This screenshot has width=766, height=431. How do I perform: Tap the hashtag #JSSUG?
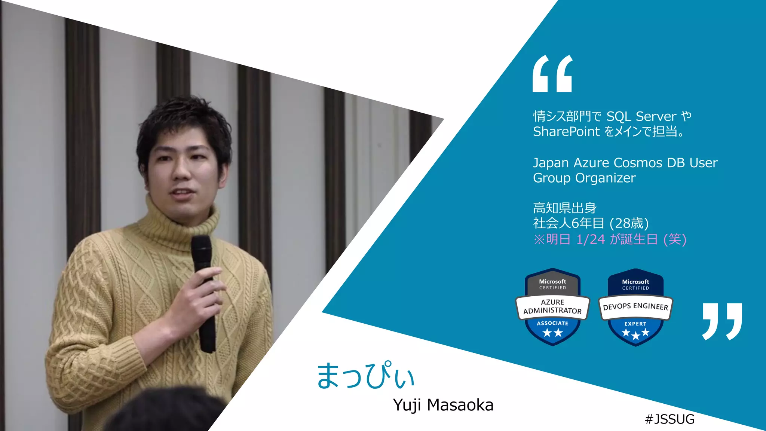(x=670, y=419)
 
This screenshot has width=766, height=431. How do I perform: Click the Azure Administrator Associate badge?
(x=552, y=307)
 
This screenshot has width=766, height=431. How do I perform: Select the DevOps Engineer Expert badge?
(x=635, y=307)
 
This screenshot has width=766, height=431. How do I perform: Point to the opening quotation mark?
(x=552, y=74)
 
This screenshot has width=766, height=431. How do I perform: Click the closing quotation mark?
(x=722, y=321)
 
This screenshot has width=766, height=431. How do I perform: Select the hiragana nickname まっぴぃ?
(x=365, y=375)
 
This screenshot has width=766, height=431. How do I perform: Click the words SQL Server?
(x=641, y=116)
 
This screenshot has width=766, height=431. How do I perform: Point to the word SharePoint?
(x=566, y=132)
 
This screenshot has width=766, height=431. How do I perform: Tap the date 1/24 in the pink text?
(x=590, y=239)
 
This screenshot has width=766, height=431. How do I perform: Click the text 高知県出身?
(x=565, y=208)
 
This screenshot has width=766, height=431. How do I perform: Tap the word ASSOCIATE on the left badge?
(x=552, y=323)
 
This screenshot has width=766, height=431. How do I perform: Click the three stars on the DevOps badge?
(x=635, y=333)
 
